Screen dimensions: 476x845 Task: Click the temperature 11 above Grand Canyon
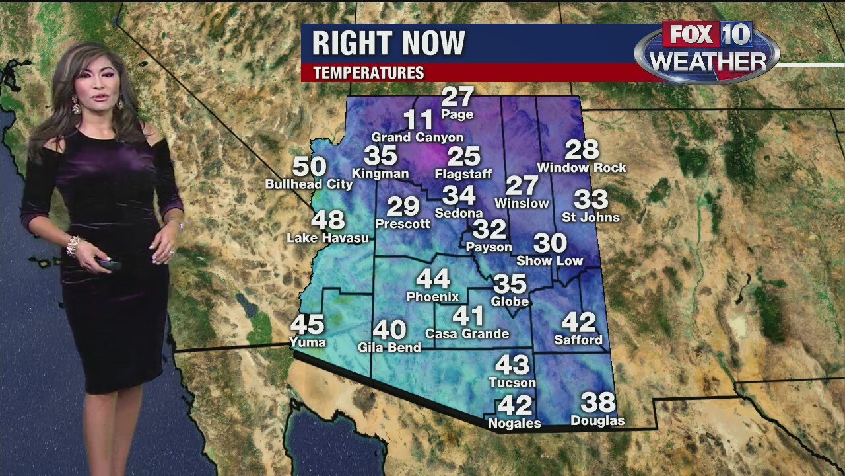[x=418, y=120]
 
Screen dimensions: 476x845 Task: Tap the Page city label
[x=457, y=114]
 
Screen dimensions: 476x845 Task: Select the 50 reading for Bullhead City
[x=309, y=167]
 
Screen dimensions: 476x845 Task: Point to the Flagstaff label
[x=463, y=175]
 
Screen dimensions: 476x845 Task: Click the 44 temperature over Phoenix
[x=432, y=279]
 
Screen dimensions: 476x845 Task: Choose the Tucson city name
[x=512, y=383]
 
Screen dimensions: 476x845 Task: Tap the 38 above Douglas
[x=597, y=402]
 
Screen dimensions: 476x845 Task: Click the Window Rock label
[x=582, y=168]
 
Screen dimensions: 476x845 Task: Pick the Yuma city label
[x=308, y=342]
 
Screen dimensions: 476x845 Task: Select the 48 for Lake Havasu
[x=328, y=219]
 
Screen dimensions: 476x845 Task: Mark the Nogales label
[x=514, y=423]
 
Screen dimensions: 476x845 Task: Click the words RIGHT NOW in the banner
[x=388, y=44]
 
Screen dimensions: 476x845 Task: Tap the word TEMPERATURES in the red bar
[x=368, y=73]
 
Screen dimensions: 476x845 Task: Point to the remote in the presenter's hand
[x=109, y=264]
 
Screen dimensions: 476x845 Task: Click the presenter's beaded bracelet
[x=73, y=245]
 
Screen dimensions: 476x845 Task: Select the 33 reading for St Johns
[x=590, y=199]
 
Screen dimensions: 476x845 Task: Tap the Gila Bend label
[x=389, y=347]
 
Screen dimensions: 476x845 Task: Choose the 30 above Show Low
[x=550, y=243]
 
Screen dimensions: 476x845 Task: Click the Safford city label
[x=578, y=340]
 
